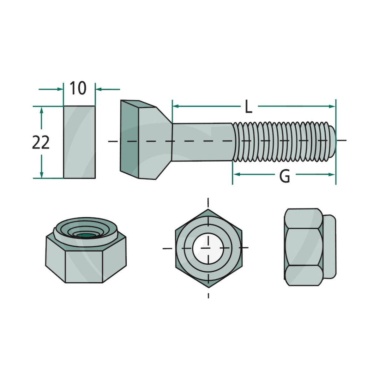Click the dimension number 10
tap(78, 88)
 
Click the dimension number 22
tap(41, 142)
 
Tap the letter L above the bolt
tap(249, 107)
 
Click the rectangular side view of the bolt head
tap(79, 142)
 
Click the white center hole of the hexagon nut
tap(208, 249)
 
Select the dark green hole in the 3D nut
tap(85, 235)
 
